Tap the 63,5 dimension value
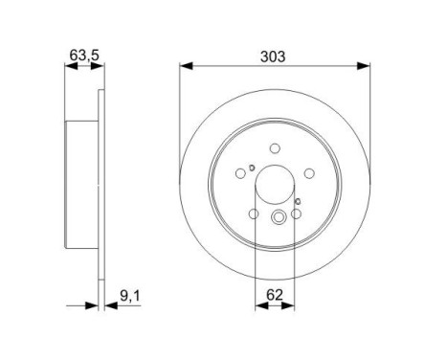click(83, 56)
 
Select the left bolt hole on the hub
click(238, 173)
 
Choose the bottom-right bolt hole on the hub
click(298, 216)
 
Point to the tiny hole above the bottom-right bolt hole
click(299, 201)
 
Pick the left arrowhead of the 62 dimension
click(259, 306)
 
